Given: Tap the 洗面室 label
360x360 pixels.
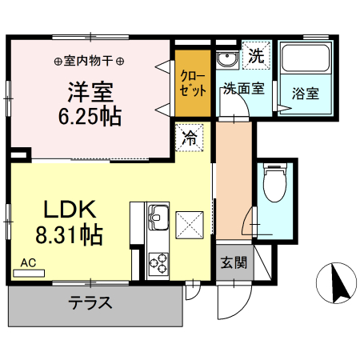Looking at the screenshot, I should (243, 90).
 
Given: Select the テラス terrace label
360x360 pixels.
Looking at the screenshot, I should (90, 303).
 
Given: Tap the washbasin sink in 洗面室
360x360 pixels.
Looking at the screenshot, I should (225, 59).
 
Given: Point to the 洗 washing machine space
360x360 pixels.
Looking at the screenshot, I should (257, 56).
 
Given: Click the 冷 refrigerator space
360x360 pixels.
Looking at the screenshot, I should (190, 137).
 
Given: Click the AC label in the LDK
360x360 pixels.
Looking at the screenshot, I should (29, 261).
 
